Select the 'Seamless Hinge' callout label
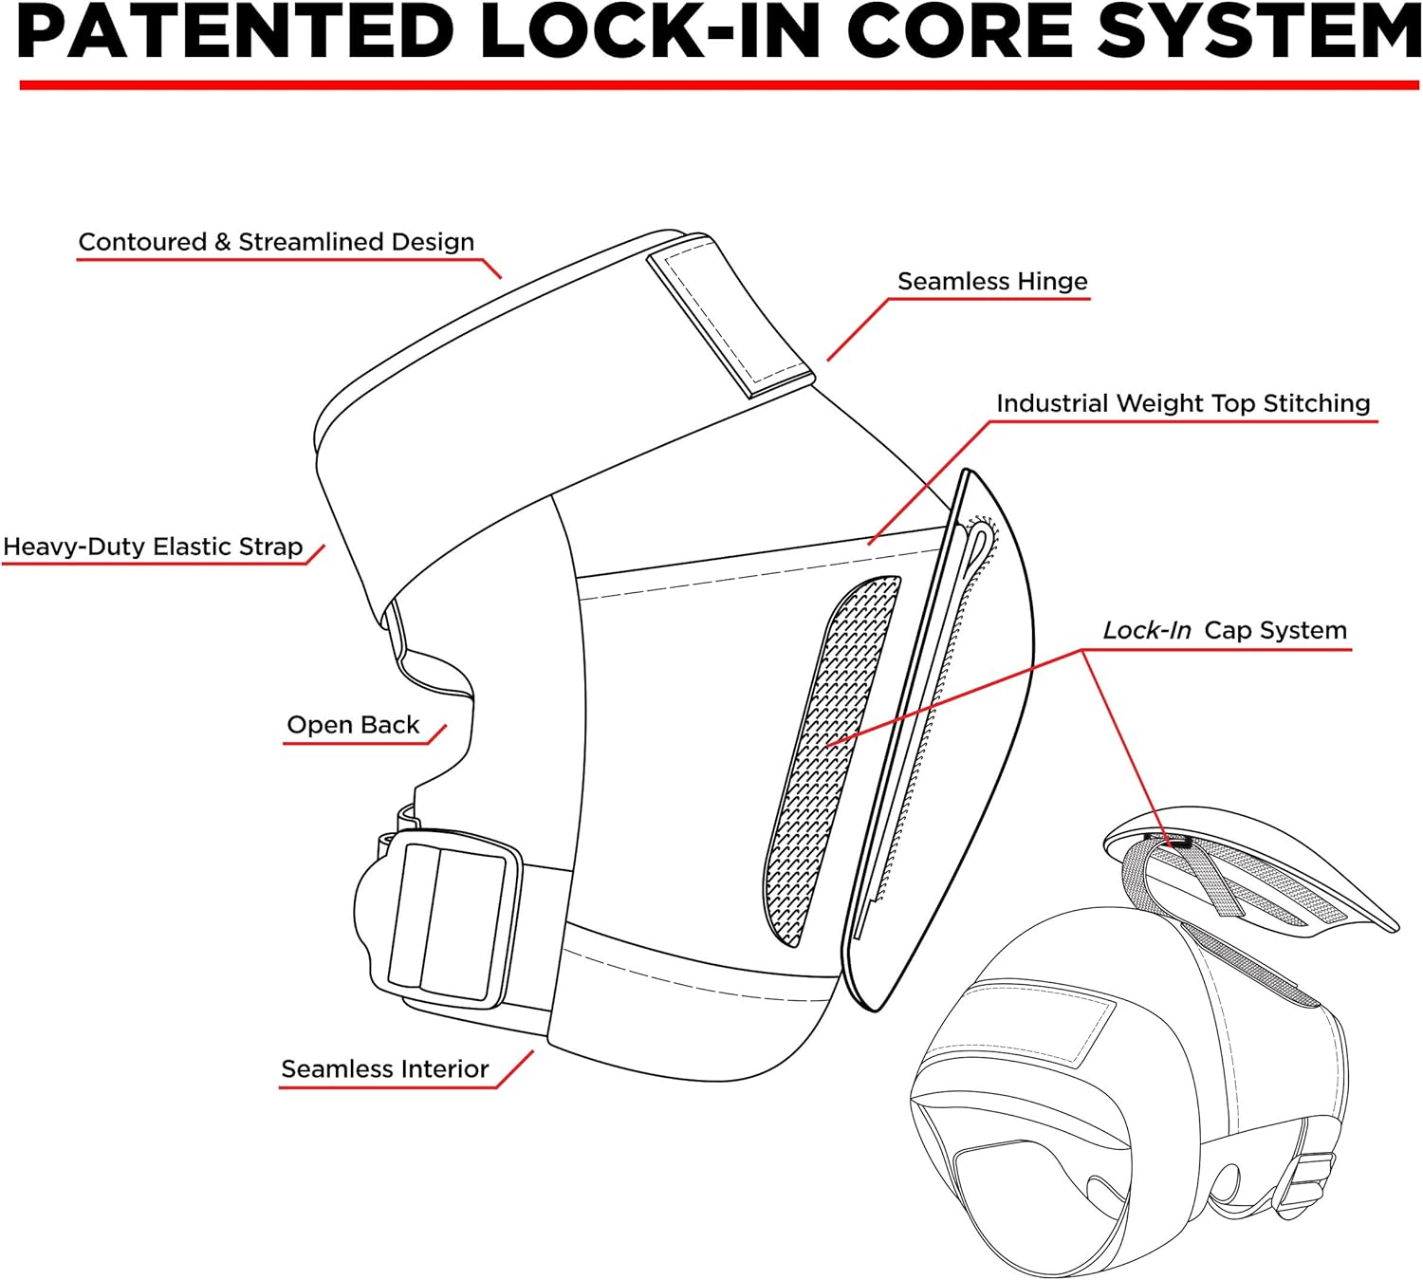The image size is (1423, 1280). tap(992, 282)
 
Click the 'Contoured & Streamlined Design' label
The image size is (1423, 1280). tap(276, 242)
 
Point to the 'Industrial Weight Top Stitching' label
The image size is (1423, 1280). tap(1183, 403)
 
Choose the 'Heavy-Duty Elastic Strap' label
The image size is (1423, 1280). tap(153, 547)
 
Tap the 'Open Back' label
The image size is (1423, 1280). tap(353, 725)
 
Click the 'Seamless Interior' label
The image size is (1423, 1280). tap(384, 1069)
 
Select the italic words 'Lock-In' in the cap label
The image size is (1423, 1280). tap(1146, 631)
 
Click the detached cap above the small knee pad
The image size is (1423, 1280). tap(1252, 868)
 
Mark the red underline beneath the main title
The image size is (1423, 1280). tap(718, 85)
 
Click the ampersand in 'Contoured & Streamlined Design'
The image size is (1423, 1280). tap(222, 243)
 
